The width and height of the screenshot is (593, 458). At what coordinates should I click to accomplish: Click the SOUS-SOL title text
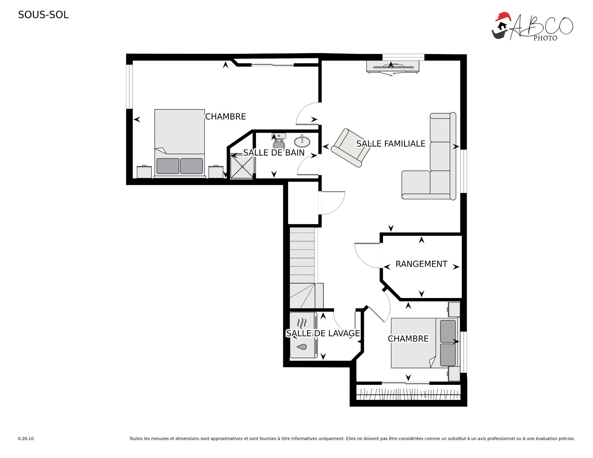tap(43, 15)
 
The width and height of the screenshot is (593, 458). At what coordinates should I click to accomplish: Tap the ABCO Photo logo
tap(532, 27)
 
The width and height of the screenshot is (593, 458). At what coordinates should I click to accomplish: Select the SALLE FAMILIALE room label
tap(391, 144)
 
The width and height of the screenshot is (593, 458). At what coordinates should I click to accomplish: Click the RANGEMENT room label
tap(421, 264)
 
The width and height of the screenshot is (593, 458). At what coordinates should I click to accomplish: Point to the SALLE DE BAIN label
tap(274, 153)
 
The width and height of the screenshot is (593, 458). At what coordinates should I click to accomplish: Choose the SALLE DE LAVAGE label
tap(323, 333)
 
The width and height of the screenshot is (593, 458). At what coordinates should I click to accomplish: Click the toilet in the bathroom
tap(279, 141)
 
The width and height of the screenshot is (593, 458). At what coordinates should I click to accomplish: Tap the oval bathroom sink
tap(302, 141)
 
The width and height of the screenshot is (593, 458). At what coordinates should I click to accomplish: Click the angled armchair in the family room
tap(351, 148)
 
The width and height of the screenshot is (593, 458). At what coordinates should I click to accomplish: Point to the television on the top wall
tap(393, 67)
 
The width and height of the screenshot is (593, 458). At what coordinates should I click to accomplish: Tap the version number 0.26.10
tap(26, 439)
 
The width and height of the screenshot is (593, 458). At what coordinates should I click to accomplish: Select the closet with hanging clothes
tap(408, 394)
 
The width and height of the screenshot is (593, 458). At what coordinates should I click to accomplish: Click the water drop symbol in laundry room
tap(302, 347)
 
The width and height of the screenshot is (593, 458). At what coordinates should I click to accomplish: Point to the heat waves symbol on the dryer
tap(302, 323)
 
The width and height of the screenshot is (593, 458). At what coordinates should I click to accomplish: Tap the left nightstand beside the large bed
tap(144, 172)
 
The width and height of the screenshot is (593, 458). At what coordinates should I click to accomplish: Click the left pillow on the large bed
tap(168, 166)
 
